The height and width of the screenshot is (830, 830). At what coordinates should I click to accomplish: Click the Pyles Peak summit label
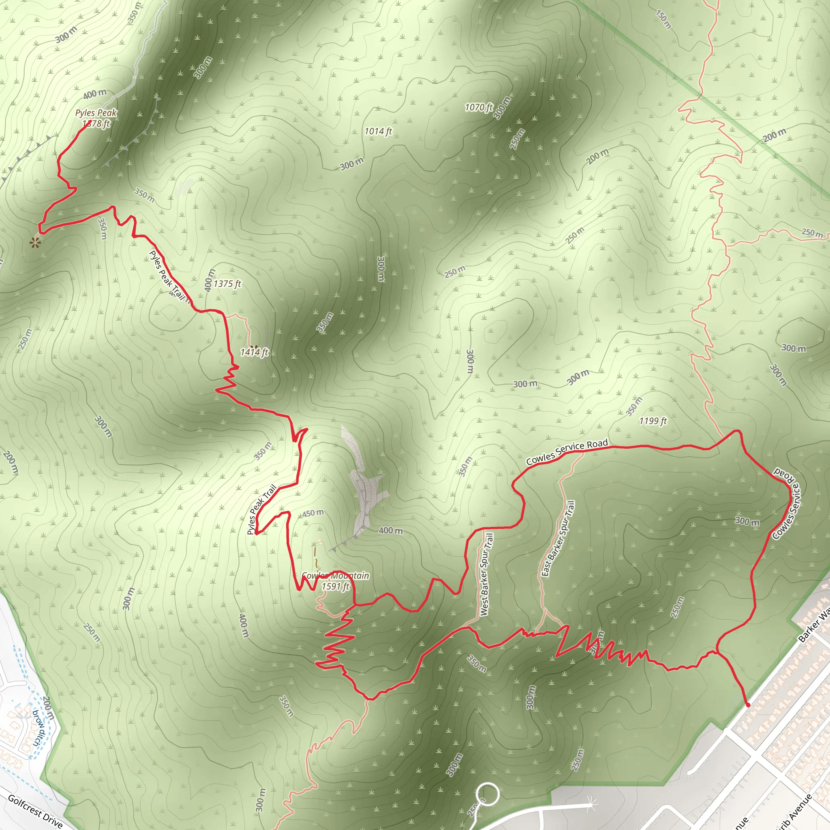(x=96, y=113)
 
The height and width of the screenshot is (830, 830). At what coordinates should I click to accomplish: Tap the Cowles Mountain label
(x=335, y=575)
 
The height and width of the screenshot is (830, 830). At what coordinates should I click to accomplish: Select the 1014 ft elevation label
(x=378, y=131)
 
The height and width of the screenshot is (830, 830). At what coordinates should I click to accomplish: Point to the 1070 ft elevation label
(x=479, y=107)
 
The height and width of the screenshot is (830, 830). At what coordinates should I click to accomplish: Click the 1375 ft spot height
(x=227, y=284)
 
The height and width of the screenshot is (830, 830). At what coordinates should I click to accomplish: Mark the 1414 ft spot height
(x=254, y=353)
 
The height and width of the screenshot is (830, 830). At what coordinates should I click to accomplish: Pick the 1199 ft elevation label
(x=652, y=421)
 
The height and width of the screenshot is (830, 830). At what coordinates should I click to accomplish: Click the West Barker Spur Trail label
(x=486, y=574)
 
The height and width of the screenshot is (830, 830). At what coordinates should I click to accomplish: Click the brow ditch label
(x=39, y=728)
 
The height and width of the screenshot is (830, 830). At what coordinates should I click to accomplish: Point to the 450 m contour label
(x=313, y=513)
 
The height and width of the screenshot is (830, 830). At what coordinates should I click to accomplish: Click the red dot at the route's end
(x=748, y=705)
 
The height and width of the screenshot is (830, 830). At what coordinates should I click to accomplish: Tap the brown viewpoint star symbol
(x=34, y=243)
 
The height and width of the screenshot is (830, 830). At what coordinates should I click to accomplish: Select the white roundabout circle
(x=487, y=794)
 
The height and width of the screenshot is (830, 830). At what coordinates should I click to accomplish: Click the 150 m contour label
(x=663, y=19)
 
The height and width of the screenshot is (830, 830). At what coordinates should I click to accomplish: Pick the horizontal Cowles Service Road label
(x=567, y=451)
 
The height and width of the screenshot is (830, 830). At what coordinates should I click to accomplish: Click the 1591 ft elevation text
(x=336, y=586)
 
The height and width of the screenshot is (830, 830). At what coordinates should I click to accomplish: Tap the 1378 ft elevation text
(x=96, y=124)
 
